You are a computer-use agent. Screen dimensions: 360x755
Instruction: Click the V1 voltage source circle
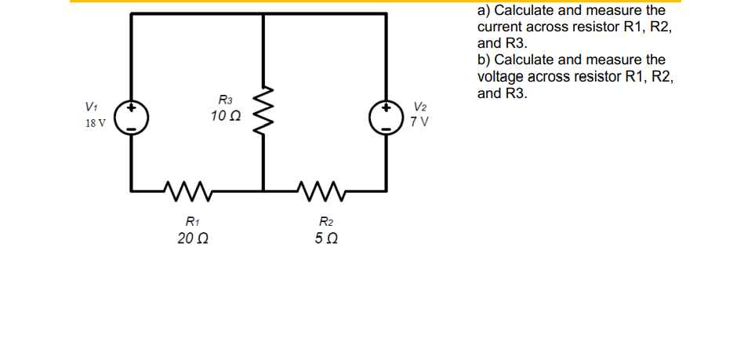131,117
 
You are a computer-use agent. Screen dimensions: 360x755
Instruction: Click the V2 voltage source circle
386,117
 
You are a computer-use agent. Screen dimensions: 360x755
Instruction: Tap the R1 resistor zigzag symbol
186,189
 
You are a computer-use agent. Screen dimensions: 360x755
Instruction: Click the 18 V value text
96,123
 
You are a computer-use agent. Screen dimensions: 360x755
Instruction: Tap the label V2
421,107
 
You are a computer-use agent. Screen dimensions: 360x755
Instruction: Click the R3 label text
225,100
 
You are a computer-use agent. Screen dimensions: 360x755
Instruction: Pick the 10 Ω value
225,116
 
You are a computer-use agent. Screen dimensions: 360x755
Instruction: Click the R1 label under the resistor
191,221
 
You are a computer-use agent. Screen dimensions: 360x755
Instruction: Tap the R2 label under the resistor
324,221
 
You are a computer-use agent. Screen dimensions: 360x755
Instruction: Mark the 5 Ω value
324,238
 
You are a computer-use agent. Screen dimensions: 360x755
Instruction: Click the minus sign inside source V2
386,127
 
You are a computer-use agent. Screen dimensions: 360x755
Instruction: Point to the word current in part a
502,27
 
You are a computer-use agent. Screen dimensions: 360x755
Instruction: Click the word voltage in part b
503,77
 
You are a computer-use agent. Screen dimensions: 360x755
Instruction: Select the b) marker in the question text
485,60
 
